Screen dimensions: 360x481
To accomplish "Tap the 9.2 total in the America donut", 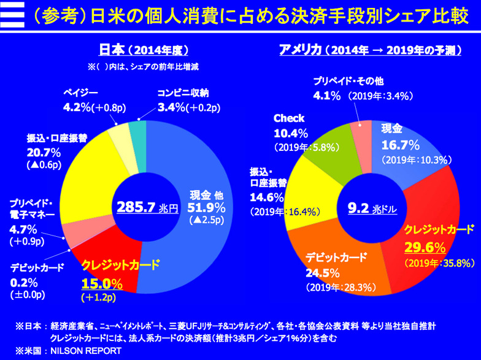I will point(358,209).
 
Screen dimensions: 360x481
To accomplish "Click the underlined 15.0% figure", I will point(102,284).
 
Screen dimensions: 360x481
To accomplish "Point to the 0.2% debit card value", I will point(25,282).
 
